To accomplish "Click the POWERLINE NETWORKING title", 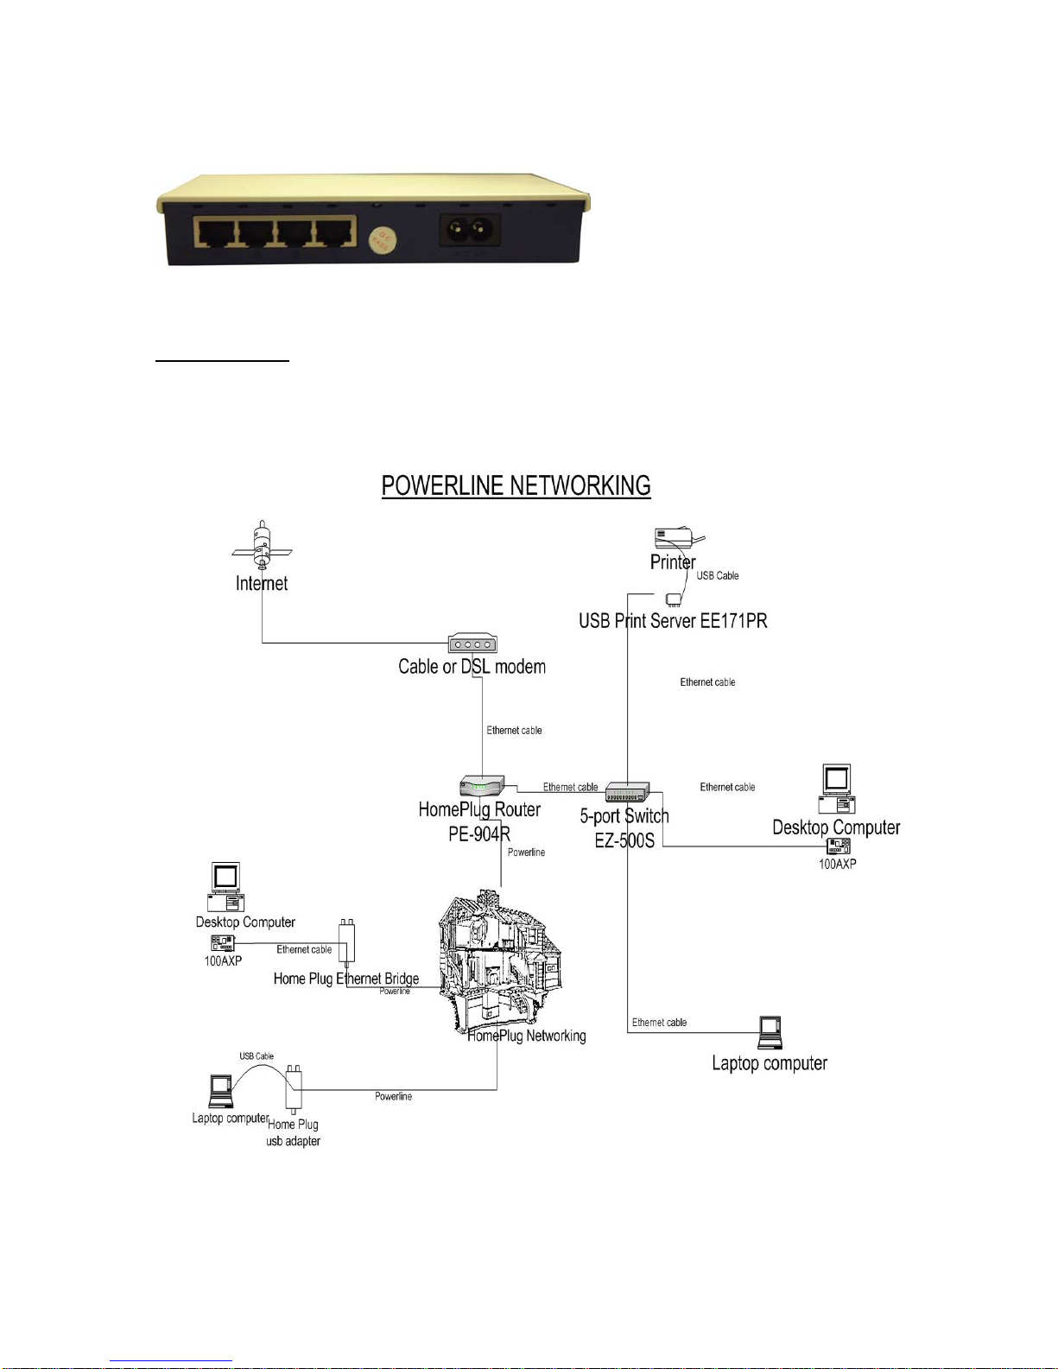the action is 516,485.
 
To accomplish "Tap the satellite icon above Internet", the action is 262,546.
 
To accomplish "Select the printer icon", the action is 678,539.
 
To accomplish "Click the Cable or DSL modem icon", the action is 472,643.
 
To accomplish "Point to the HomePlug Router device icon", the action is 482,785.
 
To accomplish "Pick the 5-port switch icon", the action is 627,791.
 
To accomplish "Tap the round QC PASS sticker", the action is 383,240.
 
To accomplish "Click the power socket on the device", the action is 469,231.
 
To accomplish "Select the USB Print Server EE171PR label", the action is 673,621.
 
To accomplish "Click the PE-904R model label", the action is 479,834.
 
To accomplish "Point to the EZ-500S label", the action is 624,840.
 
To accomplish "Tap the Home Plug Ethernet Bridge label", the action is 346,979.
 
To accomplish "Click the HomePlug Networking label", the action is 527,1036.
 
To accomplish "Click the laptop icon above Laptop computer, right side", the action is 770,1033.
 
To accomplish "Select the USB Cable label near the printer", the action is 718,576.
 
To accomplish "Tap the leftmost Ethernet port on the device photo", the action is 214,233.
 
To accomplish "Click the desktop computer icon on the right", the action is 837,789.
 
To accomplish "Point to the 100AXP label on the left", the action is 223,960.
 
